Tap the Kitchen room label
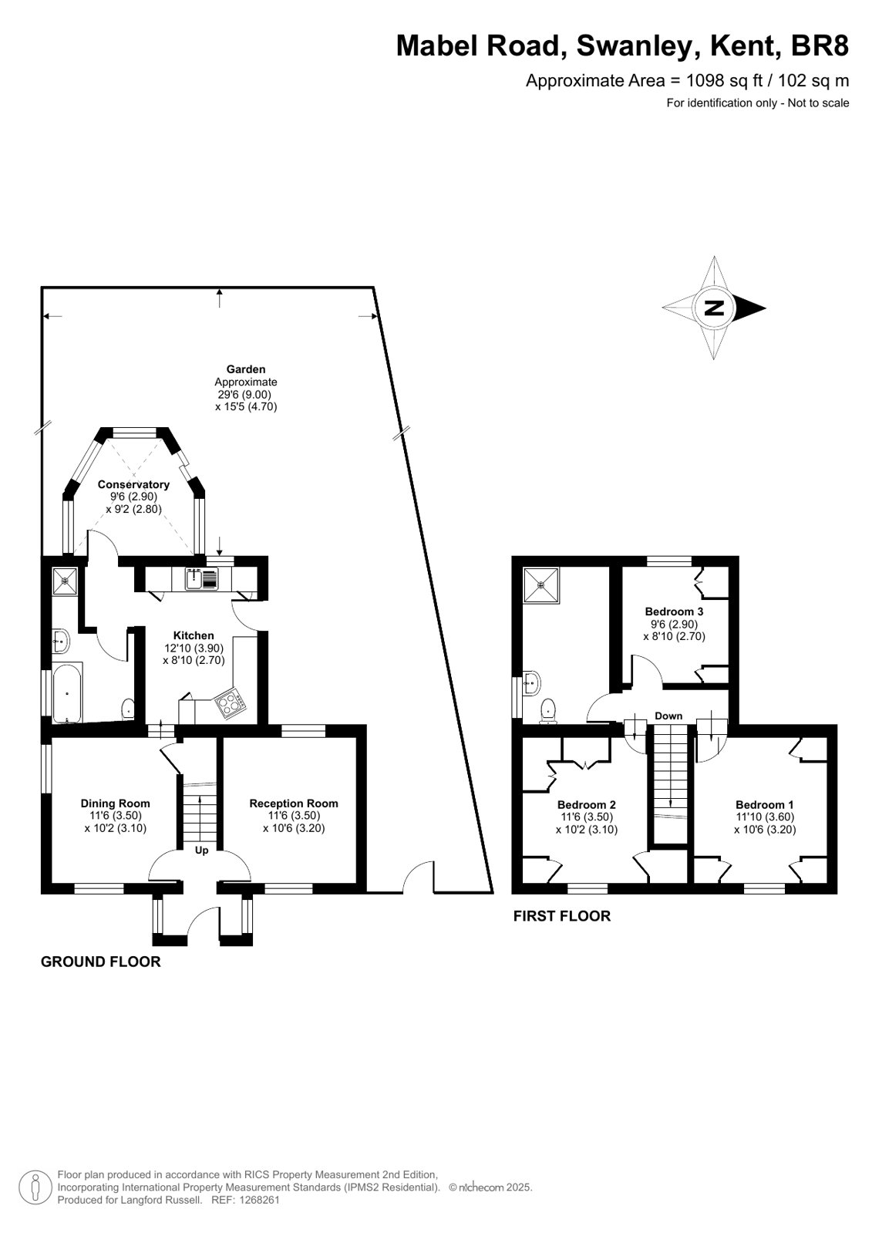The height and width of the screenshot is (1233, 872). pyautogui.click(x=194, y=635)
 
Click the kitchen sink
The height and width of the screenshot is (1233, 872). pyautogui.click(x=201, y=579)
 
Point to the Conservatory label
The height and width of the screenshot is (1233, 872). pyautogui.click(x=133, y=484)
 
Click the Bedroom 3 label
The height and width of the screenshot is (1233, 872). pyautogui.click(x=674, y=611)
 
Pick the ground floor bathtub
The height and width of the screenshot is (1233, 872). pyautogui.click(x=67, y=692)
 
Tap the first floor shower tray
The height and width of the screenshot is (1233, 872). pyautogui.click(x=541, y=585)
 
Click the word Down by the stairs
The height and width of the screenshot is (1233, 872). pyautogui.click(x=668, y=716)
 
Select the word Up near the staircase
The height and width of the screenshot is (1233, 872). pyautogui.click(x=201, y=850)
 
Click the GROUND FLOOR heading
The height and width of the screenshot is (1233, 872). pyautogui.click(x=101, y=962)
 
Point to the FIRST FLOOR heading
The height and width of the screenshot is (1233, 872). pyautogui.click(x=562, y=916)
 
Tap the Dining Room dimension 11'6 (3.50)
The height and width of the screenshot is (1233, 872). pyautogui.click(x=115, y=816)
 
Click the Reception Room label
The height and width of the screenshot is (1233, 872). pyautogui.click(x=294, y=803)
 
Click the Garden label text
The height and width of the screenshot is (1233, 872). pyautogui.click(x=245, y=369)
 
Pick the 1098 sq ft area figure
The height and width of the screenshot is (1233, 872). pyautogui.click(x=724, y=80)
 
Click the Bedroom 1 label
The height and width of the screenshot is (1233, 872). pyautogui.click(x=765, y=805)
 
